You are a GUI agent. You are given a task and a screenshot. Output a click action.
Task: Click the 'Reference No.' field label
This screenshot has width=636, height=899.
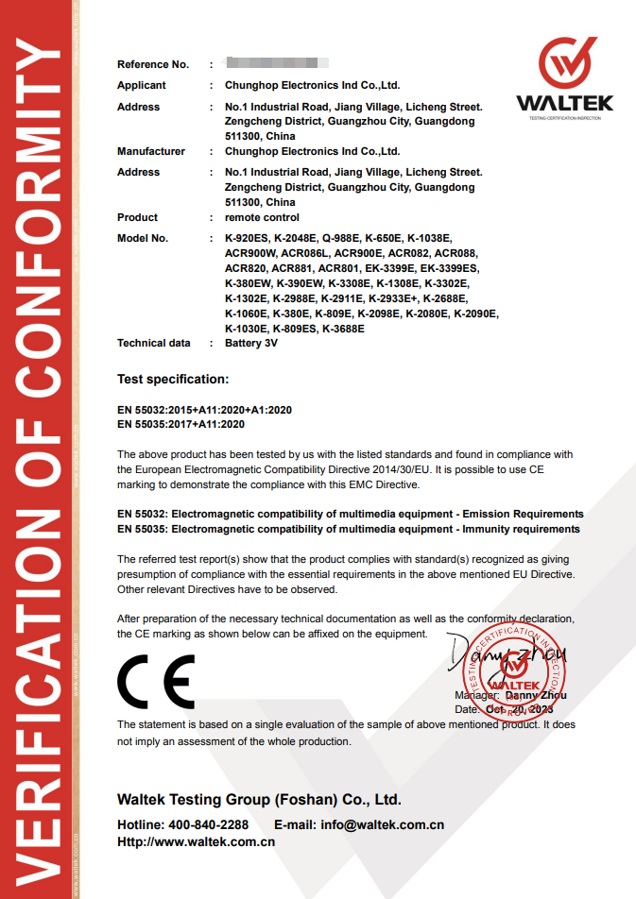point(153,64)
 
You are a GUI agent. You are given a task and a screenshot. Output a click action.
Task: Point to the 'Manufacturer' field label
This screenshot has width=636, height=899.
point(151,151)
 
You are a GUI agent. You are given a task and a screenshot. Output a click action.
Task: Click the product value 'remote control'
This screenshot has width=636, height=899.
point(262,217)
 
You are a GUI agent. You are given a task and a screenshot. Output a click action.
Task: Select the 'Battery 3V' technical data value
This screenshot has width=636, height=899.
point(251,344)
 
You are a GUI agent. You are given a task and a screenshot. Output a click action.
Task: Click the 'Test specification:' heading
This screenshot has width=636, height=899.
point(173,380)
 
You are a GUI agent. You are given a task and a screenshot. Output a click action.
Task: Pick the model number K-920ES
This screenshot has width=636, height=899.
point(247,238)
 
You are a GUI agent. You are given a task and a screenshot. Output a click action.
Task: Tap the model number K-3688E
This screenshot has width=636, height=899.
point(343,329)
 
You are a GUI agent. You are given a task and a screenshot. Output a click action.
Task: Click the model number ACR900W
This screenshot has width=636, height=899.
point(250,253)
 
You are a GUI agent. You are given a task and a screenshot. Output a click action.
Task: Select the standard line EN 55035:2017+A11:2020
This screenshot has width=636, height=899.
point(180,425)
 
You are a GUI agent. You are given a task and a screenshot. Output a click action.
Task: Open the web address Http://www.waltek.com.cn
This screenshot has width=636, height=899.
point(196,841)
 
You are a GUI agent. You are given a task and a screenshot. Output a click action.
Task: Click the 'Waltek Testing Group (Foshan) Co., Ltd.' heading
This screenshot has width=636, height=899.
point(259,799)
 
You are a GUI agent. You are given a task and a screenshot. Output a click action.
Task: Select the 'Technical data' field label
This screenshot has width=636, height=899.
point(154,344)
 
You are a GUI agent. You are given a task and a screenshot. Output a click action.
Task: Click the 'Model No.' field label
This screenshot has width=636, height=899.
point(143,238)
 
